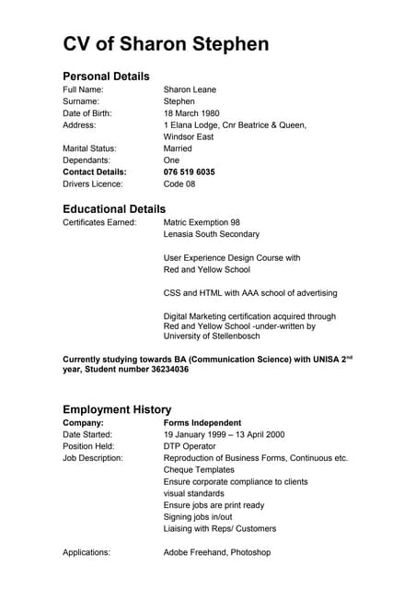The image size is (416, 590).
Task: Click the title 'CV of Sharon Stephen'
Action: coord(166,44)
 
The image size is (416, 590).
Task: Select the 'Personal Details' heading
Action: coord(106,76)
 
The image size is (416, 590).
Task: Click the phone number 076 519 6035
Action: coord(189,172)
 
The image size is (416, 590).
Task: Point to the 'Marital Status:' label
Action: coord(89,148)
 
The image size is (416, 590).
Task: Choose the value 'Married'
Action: coord(178,148)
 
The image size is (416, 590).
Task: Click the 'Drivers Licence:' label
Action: coord(92,184)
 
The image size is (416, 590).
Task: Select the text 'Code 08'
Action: coord(179,184)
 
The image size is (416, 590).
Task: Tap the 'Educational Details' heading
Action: coord(114,209)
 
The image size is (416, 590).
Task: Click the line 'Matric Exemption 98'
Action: coord(202,223)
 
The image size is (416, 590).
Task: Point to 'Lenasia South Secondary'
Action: coord(212,235)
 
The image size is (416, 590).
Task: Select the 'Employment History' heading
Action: coord(117,409)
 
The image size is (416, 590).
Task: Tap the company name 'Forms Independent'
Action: coord(202,422)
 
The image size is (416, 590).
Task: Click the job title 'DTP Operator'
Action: coord(189,446)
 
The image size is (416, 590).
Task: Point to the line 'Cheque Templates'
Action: coord(200,470)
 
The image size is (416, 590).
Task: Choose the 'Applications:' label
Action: coord(87,552)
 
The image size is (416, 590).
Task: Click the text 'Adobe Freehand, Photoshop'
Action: coord(217,552)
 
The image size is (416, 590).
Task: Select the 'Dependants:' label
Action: coord(87,160)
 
